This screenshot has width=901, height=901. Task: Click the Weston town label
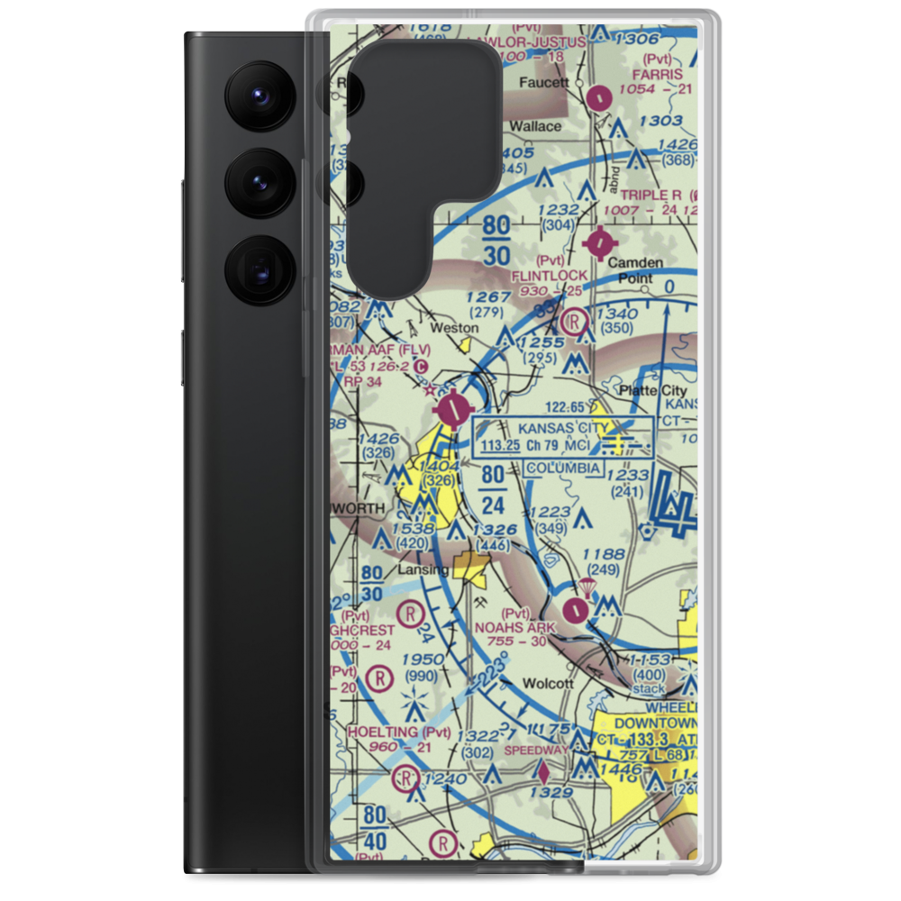(x=455, y=328)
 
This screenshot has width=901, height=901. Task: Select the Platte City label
(x=653, y=390)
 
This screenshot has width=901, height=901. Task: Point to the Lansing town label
(x=423, y=570)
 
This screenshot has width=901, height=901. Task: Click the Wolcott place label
(x=548, y=683)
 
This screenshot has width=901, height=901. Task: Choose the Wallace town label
(x=535, y=126)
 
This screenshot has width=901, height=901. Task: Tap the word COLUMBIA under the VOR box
(x=563, y=469)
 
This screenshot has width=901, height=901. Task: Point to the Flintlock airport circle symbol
(x=600, y=242)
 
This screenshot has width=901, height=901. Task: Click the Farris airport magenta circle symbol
(x=599, y=94)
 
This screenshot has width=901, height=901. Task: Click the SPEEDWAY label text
(x=536, y=750)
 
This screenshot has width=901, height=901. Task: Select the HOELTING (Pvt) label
(x=399, y=733)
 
